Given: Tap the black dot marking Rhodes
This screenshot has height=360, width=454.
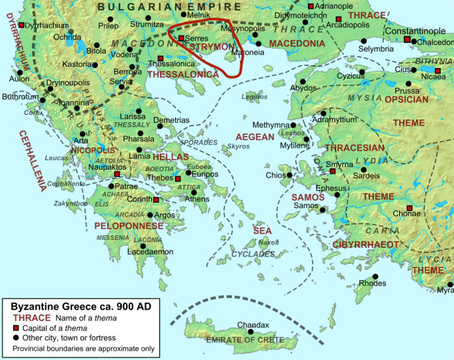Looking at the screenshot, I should tap(375, 276).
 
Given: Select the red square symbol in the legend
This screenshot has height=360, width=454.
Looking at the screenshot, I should tap(16, 328).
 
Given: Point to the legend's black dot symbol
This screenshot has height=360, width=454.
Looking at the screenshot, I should tap(16, 338).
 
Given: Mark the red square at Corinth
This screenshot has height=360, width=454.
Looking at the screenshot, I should tap(156, 199).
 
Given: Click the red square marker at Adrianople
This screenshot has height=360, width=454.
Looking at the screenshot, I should tap(311, 6).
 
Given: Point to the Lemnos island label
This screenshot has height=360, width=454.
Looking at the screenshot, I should tap(254, 97).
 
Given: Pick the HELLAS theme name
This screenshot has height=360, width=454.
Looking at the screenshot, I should tap(170, 157).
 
